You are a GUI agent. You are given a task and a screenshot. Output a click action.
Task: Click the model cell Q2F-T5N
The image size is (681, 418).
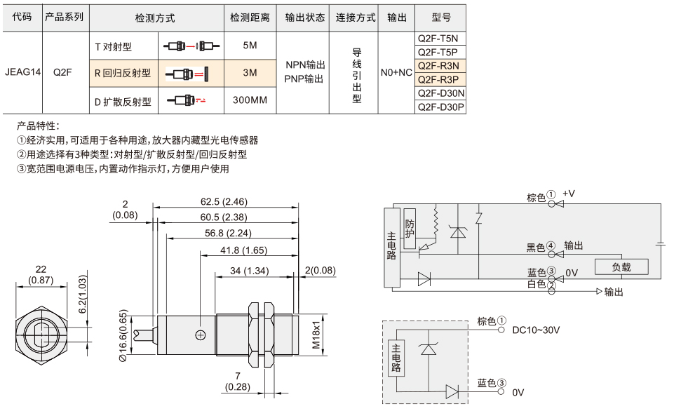[x=440, y=39]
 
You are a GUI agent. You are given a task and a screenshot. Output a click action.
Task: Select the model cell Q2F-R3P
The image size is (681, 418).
[x=440, y=79]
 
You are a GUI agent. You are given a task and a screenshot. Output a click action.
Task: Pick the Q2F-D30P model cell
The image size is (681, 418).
[x=440, y=107]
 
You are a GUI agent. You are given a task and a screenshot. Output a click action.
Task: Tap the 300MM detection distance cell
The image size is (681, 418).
[x=250, y=100]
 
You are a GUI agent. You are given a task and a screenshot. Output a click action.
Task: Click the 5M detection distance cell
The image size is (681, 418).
[x=250, y=45]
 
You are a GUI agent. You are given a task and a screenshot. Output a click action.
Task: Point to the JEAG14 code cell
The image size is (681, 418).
[x=22, y=72]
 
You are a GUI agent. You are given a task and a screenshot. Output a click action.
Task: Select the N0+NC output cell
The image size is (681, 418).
[x=396, y=72]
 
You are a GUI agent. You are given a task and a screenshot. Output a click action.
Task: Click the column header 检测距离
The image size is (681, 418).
[x=250, y=18]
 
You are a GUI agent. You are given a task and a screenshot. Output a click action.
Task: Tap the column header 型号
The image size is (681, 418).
[x=440, y=18]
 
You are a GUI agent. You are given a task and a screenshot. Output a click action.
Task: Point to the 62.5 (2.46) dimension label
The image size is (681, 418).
[x=224, y=201]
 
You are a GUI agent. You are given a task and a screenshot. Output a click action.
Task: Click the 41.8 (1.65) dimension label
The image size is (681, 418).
[x=243, y=250]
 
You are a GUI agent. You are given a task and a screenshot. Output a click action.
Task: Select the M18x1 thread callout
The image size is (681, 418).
[x=316, y=335]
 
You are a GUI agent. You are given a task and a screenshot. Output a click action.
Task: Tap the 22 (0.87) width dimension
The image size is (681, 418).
[x=41, y=275]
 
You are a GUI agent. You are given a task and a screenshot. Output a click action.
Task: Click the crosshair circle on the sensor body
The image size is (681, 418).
[x=200, y=335]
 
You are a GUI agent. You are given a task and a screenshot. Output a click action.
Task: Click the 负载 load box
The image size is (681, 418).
[x=621, y=267]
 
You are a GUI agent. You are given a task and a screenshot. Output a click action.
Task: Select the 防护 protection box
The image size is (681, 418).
[x=409, y=229]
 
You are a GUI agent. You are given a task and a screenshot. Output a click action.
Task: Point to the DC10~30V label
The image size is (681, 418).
[x=536, y=330]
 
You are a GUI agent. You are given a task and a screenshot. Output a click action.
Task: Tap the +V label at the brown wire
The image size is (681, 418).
[x=569, y=194]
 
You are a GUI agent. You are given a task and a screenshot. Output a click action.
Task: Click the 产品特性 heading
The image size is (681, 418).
[x=38, y=126]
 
